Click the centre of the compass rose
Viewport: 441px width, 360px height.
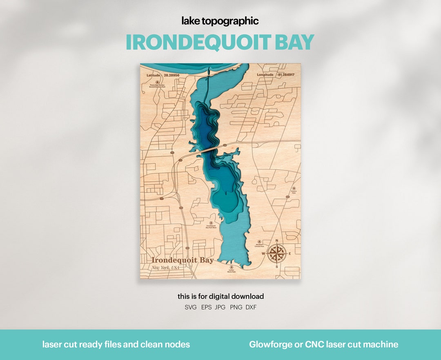coord(277,253)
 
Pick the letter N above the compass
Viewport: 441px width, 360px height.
coord(277,241)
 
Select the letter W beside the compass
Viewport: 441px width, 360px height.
coord(263,254)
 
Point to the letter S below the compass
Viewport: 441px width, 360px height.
coord(277,267)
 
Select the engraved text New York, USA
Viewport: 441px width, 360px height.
coord(165,268)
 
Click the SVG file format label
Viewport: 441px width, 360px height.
coord(190,307)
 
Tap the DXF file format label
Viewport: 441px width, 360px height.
coord(251,307)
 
